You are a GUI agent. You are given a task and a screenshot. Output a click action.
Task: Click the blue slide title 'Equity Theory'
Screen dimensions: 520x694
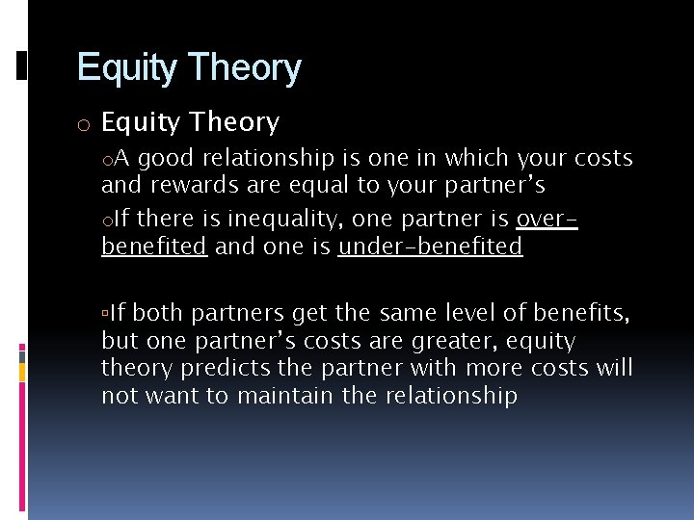[189, 68]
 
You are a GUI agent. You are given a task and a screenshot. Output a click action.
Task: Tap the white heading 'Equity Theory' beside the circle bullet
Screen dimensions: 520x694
[190, 122]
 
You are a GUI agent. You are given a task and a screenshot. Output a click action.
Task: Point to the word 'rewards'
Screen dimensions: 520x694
[187, 185]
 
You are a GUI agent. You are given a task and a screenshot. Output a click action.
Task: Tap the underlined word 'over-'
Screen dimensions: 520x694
[547, 220]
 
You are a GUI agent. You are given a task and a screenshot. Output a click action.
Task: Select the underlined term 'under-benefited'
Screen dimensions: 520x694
[430, 247]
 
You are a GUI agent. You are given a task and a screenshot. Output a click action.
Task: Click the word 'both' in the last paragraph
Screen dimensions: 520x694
[158, 313]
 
